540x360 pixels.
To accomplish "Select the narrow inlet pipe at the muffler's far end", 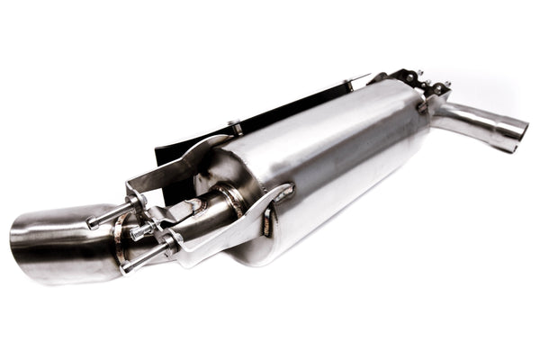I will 477,121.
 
